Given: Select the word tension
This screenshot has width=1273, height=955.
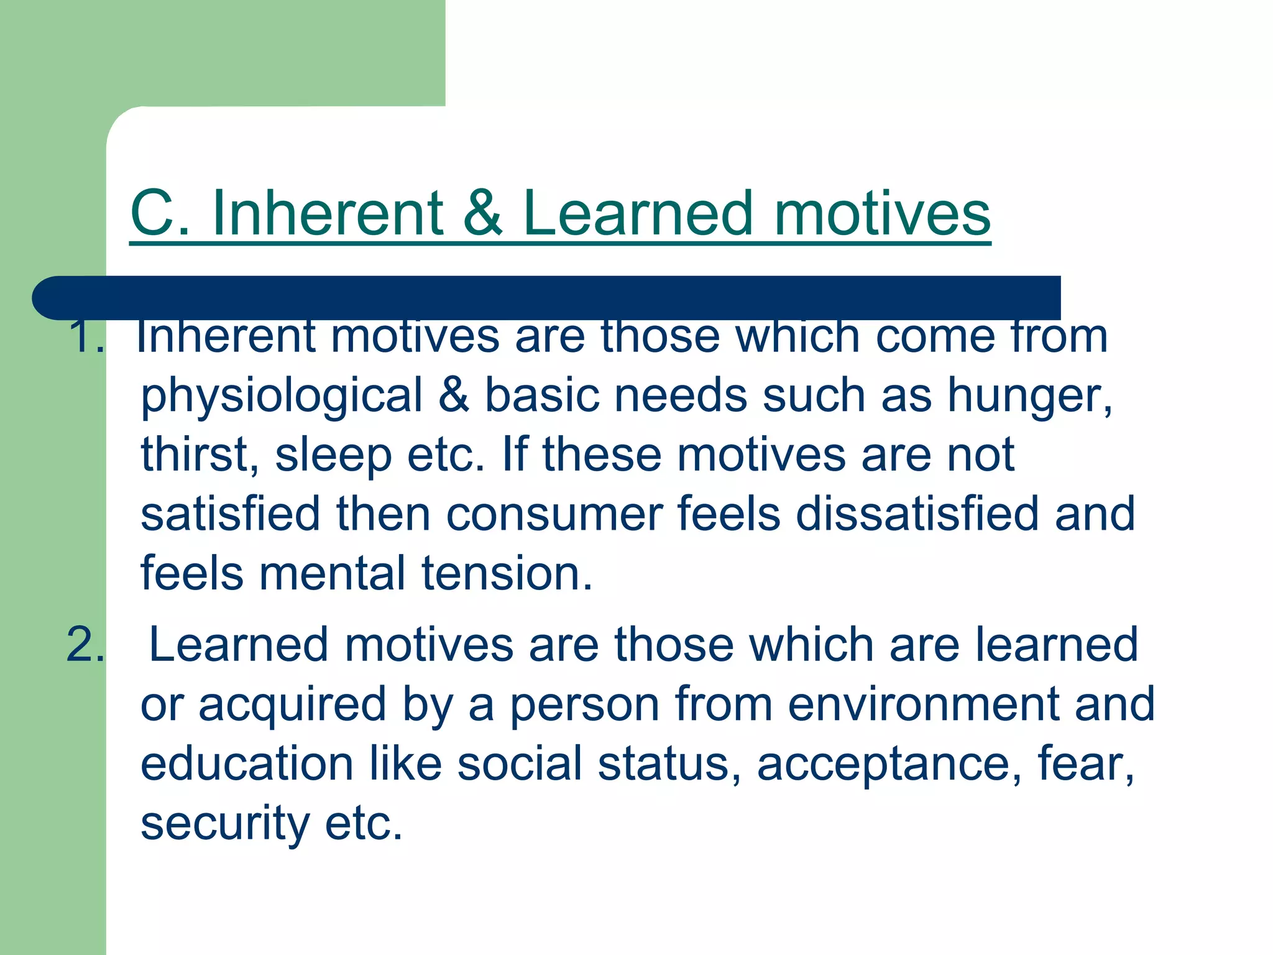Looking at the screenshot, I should tap(507, 573).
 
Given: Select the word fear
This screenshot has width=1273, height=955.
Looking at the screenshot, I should tap(1085, 764).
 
